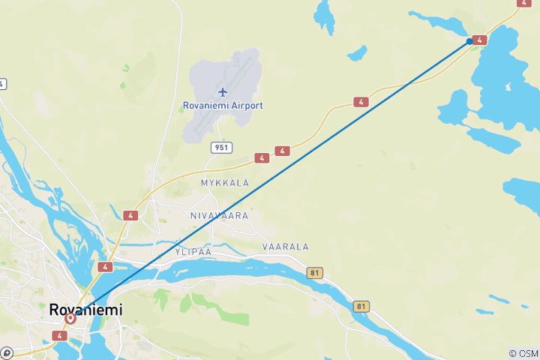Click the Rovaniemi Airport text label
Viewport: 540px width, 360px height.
point(223,106)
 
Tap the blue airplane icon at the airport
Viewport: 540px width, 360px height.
point(222,91)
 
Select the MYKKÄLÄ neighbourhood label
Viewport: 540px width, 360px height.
point(224,182)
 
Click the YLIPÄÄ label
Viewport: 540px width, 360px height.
point(193,252)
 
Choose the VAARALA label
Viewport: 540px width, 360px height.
point(285,247)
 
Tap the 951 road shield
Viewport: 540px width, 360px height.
point(220,148)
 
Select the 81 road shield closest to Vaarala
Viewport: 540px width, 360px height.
point(315,273)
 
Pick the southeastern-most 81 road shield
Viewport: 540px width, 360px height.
point(361,306)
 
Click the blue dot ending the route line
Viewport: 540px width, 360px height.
point(470,41)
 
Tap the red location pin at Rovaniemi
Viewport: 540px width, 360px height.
point(70,319)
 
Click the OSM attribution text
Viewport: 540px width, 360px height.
point(523,353)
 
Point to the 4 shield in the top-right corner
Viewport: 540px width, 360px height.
point(523,3)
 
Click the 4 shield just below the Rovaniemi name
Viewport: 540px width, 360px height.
point(60,334)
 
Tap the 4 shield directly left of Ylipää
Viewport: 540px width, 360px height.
point(105,267)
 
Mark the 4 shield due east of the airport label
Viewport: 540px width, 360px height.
point(361,102)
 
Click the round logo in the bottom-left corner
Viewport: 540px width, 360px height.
point(6,352)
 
